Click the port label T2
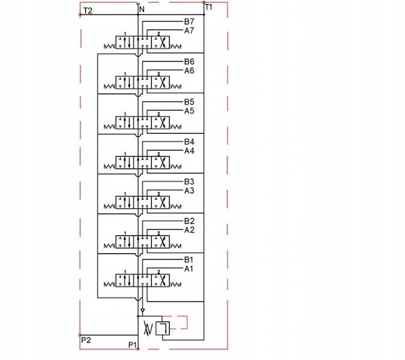click(x=88, y=11)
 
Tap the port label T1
click(x=208, y=7)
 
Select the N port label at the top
click(x=142, y=10)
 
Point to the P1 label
click(x=132, y=345)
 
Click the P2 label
click(x=86, y=340)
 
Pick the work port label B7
click(x=189, y=22)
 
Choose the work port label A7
click(x=189, y=31)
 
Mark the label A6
click(x=189, y=71)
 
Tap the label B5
click(x=189, y=102)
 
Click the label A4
click(x=189, y=151)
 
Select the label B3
click(x=189, y=182)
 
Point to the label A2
click(x=189, y=230)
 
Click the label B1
click(x=188, y=260)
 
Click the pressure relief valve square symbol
click(x=163, y=329)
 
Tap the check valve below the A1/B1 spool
click(x=142, y=310)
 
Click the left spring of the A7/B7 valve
click(x=109, y=46)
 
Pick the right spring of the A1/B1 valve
click(x=176, y=284)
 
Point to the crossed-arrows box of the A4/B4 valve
click(x=160, y=163)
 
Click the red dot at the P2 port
click(x=80, y=335)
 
